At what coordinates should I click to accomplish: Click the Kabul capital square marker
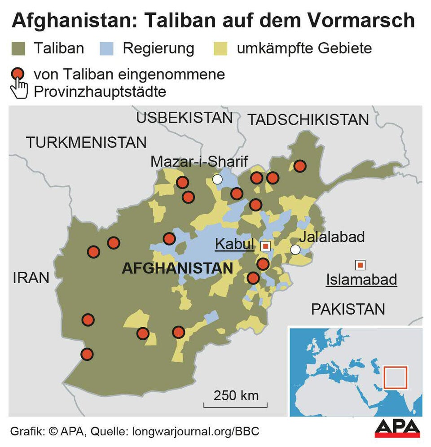(x=265, y=246)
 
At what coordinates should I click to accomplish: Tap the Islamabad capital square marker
(x=360, y=265)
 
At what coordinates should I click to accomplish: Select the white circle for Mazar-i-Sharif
(x=217, y=180)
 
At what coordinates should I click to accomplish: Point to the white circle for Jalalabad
(x=295, y=250)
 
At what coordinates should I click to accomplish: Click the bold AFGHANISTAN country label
(x=177, y=269)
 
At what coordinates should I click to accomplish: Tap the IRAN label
(x=31, y=278)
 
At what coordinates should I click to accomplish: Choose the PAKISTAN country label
(x=348, y=309)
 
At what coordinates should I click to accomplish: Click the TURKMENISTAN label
(x=86, y=143)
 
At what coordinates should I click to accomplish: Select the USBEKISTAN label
(x=184, y=118)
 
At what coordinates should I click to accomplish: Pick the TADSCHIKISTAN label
(x=308, y=120)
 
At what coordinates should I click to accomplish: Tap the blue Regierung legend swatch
(x=108, y=48)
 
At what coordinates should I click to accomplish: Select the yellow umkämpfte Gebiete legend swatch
(x=222, y=48)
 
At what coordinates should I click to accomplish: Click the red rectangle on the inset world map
(x=395, y=378)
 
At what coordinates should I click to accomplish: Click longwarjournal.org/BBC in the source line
(x=196, y=432)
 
